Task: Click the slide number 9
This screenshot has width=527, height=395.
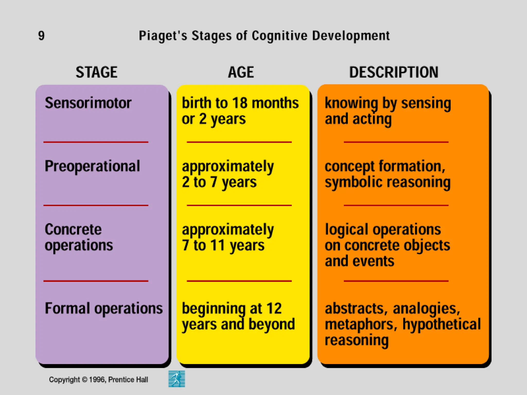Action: tap(41, 35)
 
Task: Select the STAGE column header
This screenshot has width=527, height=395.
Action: tap(96, 72)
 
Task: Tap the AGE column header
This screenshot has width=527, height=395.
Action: tap(241, 72)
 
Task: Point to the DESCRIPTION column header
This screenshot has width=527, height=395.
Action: tap(394, 72)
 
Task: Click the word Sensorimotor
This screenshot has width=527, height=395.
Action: tap(88, 103)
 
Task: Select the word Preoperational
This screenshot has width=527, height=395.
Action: tap(92, 166)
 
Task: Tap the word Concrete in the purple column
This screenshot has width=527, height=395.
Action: tap(73, 229)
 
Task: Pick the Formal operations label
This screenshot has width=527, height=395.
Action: tap(104, 308)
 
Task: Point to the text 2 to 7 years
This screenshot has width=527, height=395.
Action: tap(219, 182)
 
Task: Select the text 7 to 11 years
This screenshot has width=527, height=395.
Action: tap(223, 245)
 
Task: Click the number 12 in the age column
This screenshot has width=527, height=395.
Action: tap(274, 308)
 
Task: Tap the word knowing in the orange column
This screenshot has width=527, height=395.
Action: tap(351, 103)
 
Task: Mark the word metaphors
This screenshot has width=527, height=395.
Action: tap(359, 325)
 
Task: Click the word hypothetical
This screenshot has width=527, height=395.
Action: tap(441, 325)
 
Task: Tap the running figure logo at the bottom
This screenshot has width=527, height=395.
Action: tap(177, 379)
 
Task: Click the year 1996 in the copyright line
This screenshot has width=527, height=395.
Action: tap(97, 380)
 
